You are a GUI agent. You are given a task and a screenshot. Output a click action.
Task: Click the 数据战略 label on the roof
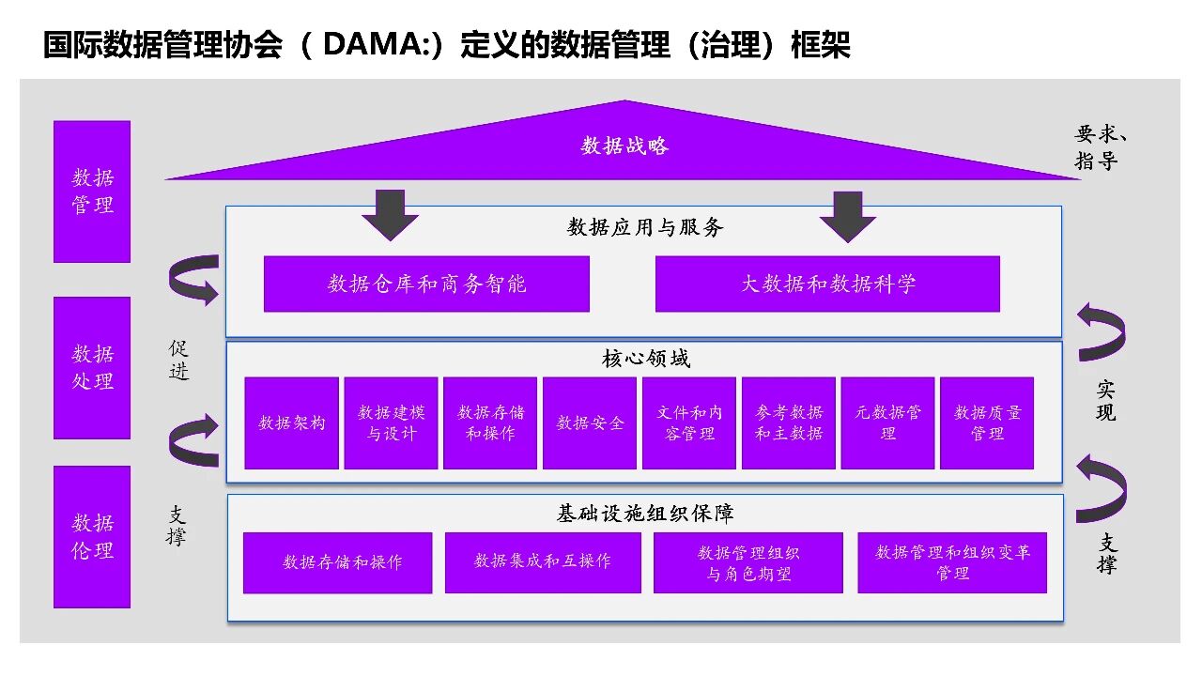[624, 146]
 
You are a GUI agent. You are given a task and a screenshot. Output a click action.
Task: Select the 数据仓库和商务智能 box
[426, 284]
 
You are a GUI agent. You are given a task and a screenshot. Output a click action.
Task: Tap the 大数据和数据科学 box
[827, 284]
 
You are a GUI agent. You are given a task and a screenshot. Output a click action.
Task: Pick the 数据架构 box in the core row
[292, 422]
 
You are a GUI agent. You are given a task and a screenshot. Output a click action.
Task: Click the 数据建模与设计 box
[391, 422]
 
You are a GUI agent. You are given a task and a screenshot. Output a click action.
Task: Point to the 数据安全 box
[590, 422]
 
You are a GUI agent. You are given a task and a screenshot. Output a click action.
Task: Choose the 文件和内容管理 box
[689, 422]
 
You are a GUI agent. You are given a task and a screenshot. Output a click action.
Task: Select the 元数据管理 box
[888, 422]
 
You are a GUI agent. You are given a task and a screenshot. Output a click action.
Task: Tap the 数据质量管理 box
[987, 422]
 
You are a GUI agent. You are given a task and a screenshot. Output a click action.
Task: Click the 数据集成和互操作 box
[543, 561]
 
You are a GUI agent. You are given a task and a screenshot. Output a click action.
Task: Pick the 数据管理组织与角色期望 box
[748, 562]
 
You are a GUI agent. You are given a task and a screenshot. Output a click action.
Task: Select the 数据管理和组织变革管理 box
[952, 562]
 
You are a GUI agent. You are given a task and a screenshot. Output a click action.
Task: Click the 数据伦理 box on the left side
[92, 536]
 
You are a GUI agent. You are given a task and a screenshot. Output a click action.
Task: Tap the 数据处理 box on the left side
[92, 367]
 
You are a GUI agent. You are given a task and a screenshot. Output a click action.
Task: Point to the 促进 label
[178, 360]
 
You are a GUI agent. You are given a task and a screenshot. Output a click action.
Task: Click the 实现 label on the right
[1106, 401]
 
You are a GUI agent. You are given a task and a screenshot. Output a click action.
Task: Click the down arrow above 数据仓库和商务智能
[390, 215]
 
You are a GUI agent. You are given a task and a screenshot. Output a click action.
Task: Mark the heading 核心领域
[645, 359]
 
